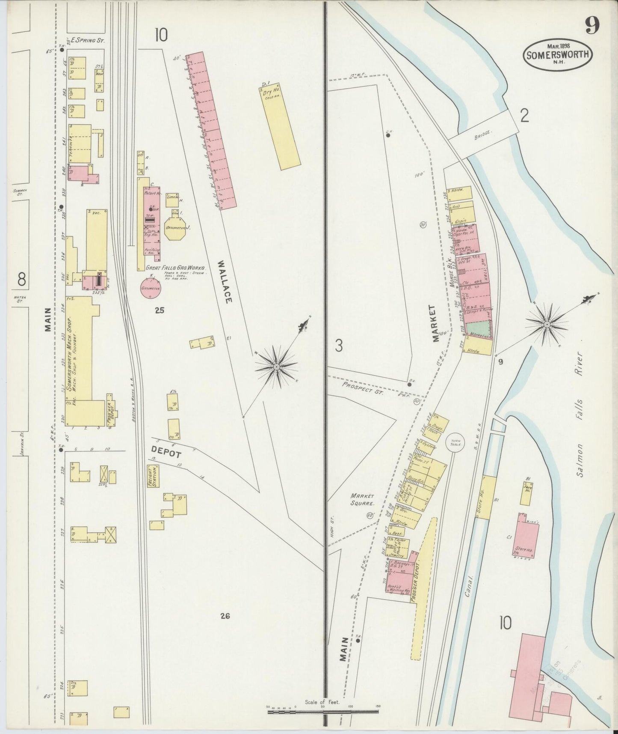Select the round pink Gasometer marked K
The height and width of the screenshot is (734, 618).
click(x=151, y=289)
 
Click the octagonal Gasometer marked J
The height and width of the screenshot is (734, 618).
click(x=176, y=230)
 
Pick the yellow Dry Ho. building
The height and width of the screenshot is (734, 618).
click(x=279, y=128)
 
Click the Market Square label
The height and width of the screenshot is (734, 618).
click(x=363, y=500)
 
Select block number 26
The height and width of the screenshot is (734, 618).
click(x=225, y=616)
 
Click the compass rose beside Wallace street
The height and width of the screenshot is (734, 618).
click(x=277, y=367)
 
